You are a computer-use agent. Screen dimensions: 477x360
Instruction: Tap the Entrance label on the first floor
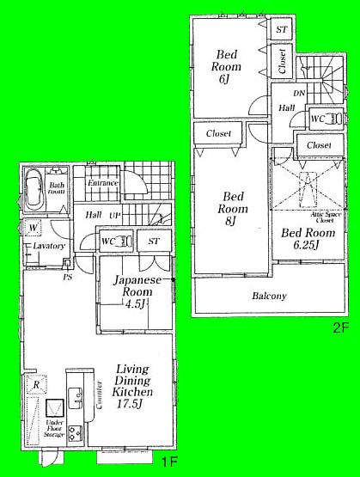pos(102,182)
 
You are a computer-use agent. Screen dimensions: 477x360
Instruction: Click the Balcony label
pos(269,296)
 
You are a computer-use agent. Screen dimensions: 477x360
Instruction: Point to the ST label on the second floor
pos(281,29)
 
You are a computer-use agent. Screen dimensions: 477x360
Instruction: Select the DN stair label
pos(300,92)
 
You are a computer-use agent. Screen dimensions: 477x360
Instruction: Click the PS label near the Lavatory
pos(65,277)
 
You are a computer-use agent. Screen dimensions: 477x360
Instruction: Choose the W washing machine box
pos(32,228)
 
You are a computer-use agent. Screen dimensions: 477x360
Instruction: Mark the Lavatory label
pos(50,246)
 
